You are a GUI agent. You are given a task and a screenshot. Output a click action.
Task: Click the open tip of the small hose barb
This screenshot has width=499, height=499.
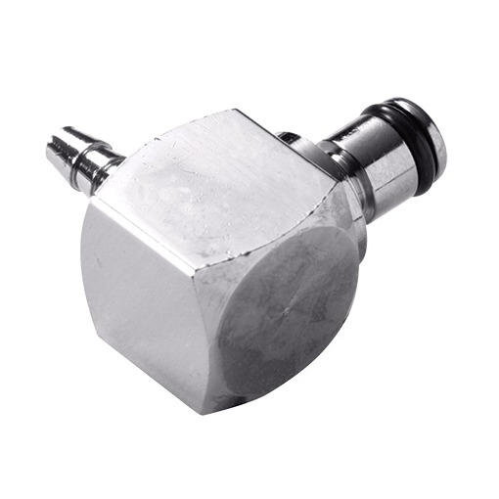click(x=54, y=150)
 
